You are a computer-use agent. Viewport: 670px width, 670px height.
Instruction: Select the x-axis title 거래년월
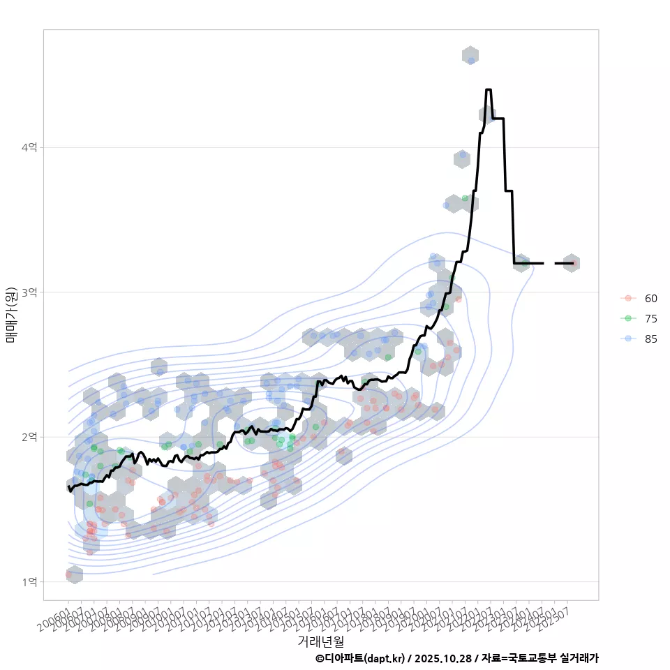pos(320,641)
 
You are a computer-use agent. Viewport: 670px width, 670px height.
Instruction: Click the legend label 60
pos(650,298)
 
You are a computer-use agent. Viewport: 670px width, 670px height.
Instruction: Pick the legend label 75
pos(650,318)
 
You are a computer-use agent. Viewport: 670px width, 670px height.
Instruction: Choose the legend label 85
pos(650,338)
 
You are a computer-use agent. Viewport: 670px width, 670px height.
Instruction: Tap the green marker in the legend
pos(629,318)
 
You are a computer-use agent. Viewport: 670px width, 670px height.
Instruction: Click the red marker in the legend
pos(629,298)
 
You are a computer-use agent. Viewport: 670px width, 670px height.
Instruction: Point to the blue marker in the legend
pos(629,338)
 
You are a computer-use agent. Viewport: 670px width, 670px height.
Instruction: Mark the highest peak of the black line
pos(488,90)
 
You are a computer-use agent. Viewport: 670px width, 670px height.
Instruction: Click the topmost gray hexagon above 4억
pos(470,56)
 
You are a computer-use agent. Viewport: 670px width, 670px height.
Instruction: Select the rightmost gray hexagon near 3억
pos(571,263)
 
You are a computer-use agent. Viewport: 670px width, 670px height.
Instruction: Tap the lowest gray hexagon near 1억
pos(74,574)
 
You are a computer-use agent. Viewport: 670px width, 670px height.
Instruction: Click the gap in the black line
pos(549,263)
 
